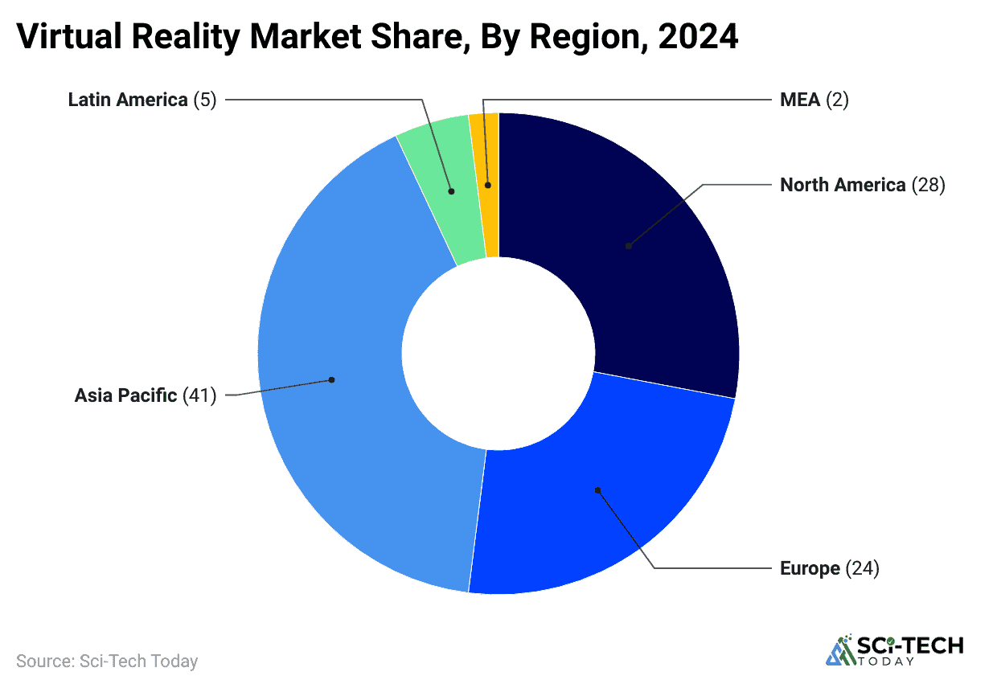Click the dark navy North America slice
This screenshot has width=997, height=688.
[635, 241]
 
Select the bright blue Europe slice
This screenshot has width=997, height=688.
[595, 498]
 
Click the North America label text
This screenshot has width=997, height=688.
[843, 185]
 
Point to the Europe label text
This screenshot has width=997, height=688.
[810, 568]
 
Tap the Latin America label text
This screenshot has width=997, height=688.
[127, 100]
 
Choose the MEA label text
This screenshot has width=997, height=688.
[800, 100]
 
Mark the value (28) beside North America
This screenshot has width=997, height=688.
[928, 185]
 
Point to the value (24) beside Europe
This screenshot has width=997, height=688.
[863, 568]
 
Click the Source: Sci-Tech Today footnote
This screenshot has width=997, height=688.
[107, 661]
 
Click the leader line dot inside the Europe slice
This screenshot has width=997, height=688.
[597, 489]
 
